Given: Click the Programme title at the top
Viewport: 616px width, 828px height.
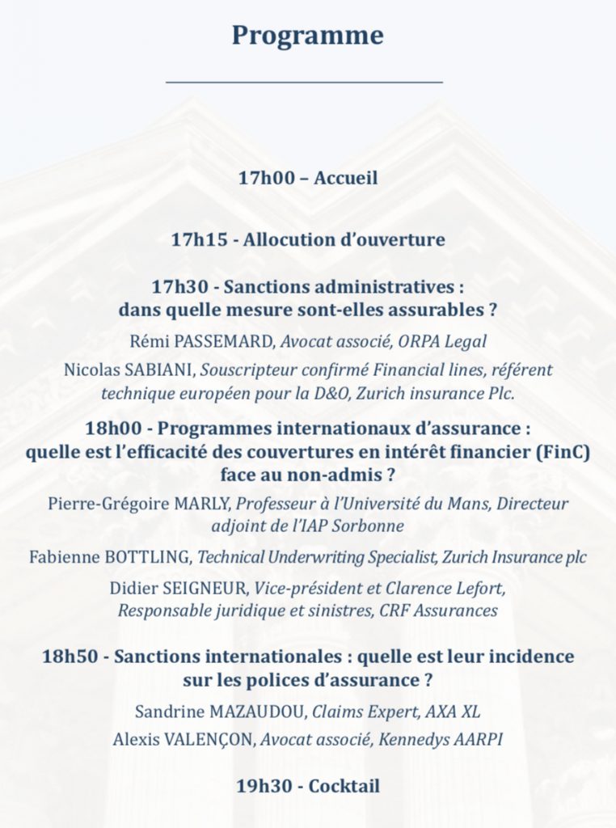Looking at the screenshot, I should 307,36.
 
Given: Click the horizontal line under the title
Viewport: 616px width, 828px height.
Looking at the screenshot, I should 304,82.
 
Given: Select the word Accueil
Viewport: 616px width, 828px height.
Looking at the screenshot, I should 345,178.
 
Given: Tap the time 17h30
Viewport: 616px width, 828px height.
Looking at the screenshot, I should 180,286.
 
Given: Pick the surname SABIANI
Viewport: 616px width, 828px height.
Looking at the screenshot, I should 166,370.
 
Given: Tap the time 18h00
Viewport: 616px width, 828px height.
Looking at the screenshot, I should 113,428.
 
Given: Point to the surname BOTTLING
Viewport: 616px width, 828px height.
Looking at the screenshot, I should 151,557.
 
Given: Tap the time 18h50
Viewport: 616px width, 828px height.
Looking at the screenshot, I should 70,656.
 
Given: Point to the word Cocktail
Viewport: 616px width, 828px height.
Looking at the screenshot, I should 344,785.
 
